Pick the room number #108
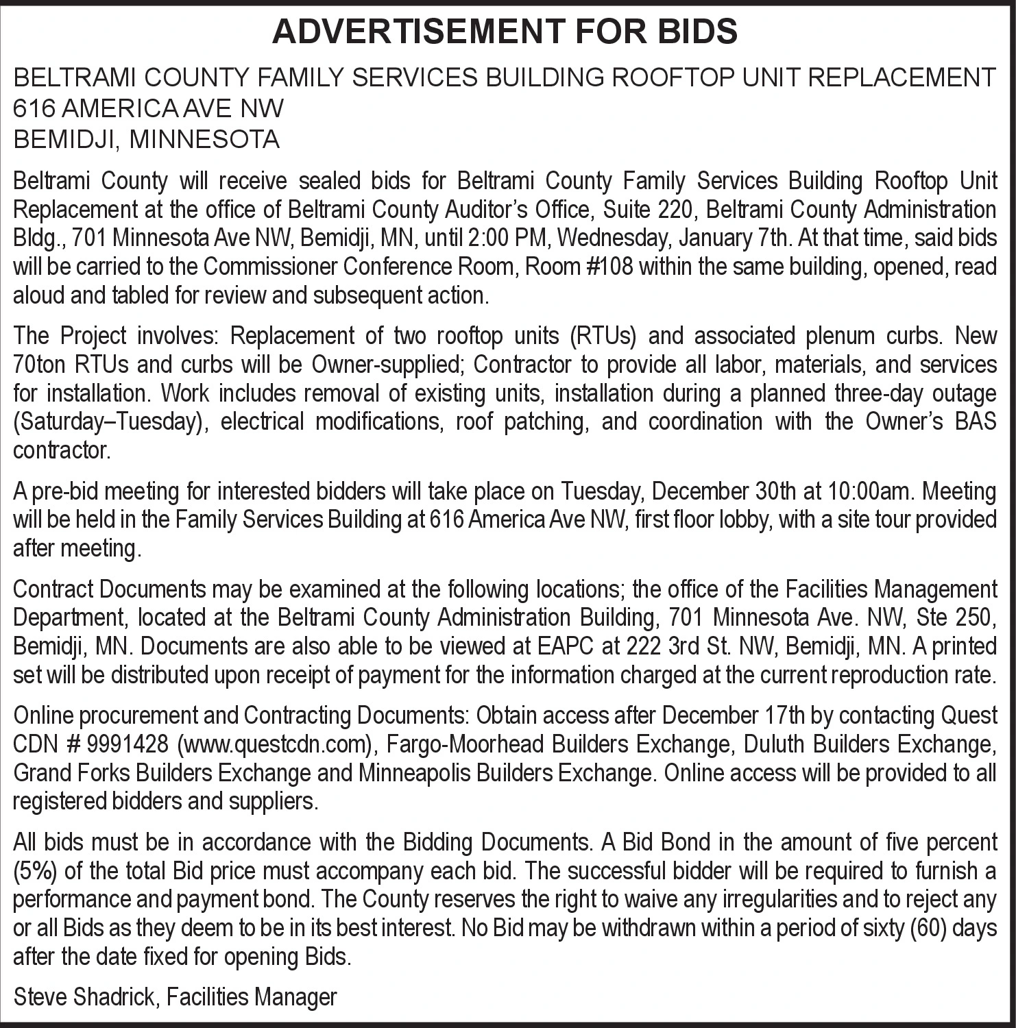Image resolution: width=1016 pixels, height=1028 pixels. coord(612,267)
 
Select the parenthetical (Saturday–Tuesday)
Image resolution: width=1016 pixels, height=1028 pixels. coord(110,421)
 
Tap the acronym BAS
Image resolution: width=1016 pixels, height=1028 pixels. coord(976,421)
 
